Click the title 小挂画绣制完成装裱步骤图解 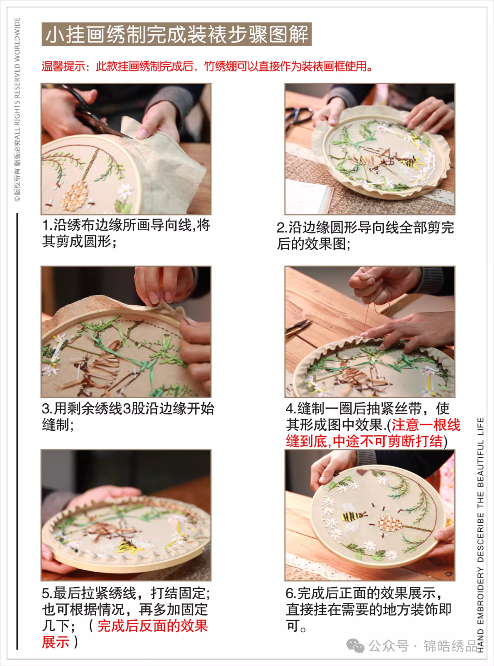177,34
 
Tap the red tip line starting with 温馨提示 207,66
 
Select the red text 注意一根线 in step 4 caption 426,425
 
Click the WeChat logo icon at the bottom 355,646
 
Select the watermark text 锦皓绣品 450,646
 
